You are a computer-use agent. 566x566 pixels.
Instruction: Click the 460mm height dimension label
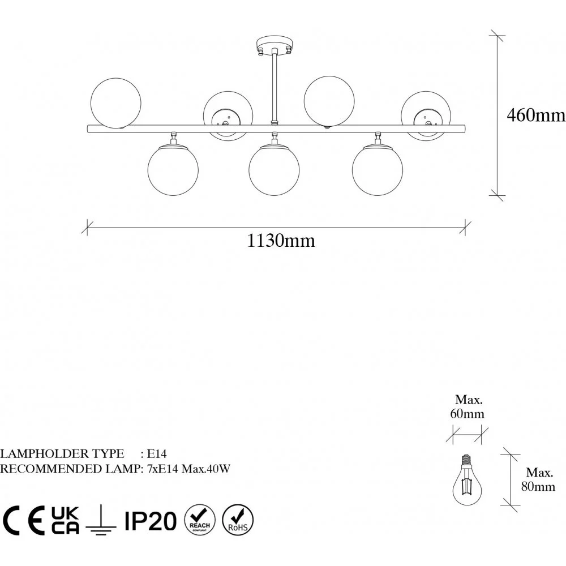(536, 115)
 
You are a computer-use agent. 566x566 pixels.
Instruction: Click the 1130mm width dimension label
(281, 241)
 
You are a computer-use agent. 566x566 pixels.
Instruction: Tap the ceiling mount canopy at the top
(275, 44)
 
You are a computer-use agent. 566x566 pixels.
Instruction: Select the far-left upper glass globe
(115, 103)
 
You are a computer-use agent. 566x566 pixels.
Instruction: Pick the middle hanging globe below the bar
(274, 170)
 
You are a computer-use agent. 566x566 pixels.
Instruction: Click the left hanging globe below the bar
(173, 170)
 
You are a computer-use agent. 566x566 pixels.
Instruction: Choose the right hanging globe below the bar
(377, 170)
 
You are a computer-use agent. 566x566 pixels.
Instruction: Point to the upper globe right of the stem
(329, 101)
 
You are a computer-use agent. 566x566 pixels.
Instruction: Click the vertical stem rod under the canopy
(275, 87)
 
